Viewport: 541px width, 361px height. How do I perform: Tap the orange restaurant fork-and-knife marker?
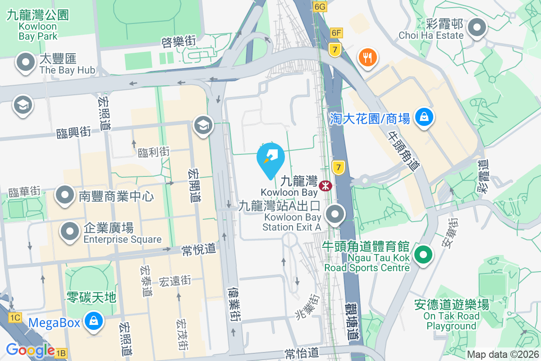point(367,57)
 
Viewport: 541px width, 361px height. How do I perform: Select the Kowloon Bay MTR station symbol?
point(325,185)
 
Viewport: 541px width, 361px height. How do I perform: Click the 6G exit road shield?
point(319,7)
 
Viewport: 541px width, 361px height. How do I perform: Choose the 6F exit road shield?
point(336,32)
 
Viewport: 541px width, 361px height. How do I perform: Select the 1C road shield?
point(14,318)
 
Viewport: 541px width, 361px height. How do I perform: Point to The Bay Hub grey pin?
point(25,63)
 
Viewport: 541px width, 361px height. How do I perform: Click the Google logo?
point(30,350)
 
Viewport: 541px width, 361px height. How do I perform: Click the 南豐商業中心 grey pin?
point(65,195)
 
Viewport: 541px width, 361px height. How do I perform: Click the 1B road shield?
point(61,353)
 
